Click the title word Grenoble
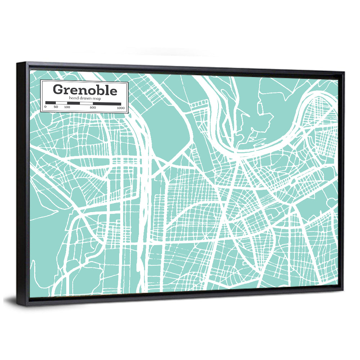(85, 90)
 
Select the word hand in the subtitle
(73, 98)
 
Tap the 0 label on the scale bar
(45, 107)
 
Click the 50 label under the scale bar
(55, 107)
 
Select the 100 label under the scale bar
(67, 107)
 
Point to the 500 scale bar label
(93, 108)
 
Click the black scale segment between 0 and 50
(50, 103)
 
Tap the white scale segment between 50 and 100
(62, 103)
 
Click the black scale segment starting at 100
(73, 103)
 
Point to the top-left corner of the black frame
(17, 63)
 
